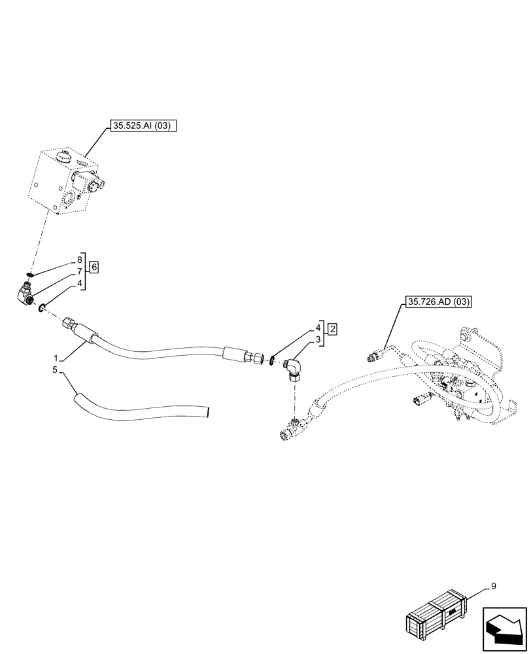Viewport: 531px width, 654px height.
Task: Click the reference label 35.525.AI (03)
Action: point(141,128)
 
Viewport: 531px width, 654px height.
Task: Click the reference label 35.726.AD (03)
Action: point(438,301)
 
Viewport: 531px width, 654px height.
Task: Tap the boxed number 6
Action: point(94,267)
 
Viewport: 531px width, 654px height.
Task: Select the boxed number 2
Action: point(332,328)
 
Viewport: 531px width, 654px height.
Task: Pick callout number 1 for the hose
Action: point(57,358)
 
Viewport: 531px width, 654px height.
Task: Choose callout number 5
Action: point(57,370)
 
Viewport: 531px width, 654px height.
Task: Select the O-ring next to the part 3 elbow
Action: point(271,361)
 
